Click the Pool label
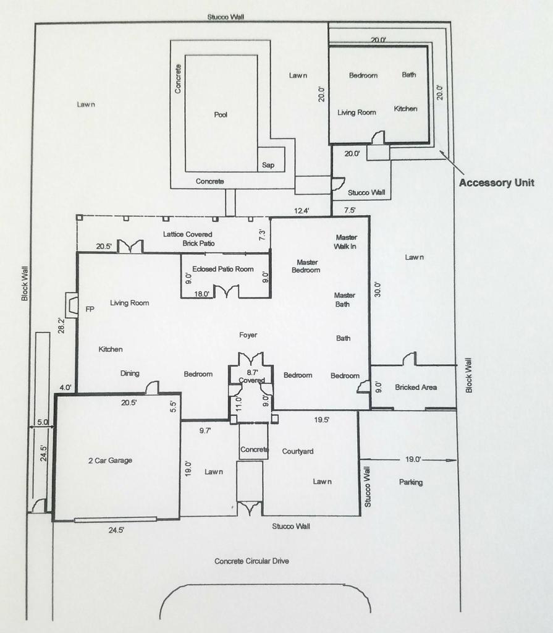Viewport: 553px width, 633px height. [221, 114]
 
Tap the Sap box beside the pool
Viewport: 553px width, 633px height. [268, 165]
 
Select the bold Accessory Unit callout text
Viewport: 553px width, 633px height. [497, 183]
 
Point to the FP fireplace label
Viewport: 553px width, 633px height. [90, 309]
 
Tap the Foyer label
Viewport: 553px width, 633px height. [248, 335]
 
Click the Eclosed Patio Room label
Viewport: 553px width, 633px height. [223, 269]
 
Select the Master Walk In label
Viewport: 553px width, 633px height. [346, 242]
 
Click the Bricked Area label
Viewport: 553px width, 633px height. [416, 387]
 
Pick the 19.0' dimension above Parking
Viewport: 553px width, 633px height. [413, 459]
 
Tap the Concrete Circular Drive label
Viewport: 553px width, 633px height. [251, 561]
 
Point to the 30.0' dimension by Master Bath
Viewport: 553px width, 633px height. [378, 289]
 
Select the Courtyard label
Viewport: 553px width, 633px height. [298, 451]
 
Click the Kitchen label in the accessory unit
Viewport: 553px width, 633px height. [405, 109]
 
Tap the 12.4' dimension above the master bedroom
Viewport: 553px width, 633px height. [302, 211]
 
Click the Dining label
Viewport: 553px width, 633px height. [130, 373]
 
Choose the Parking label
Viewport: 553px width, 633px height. [411, 482]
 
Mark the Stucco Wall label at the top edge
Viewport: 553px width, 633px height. [226, 17]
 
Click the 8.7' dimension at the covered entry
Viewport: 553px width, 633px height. [251, 373]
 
